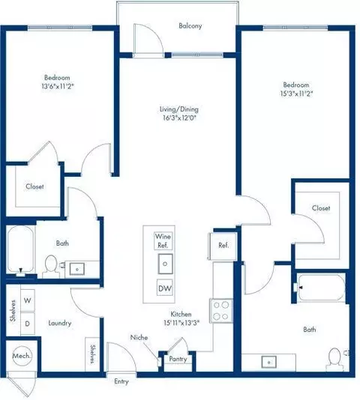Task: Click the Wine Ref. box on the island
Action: coord(163,240)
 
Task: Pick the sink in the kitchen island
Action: coord(163,264)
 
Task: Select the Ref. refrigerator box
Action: coord(223,245)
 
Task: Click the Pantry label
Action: coord(178,359)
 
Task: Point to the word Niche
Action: coord(138,337)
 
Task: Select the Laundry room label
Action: coord(59,324)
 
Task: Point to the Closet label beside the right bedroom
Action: coord(321,209)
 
